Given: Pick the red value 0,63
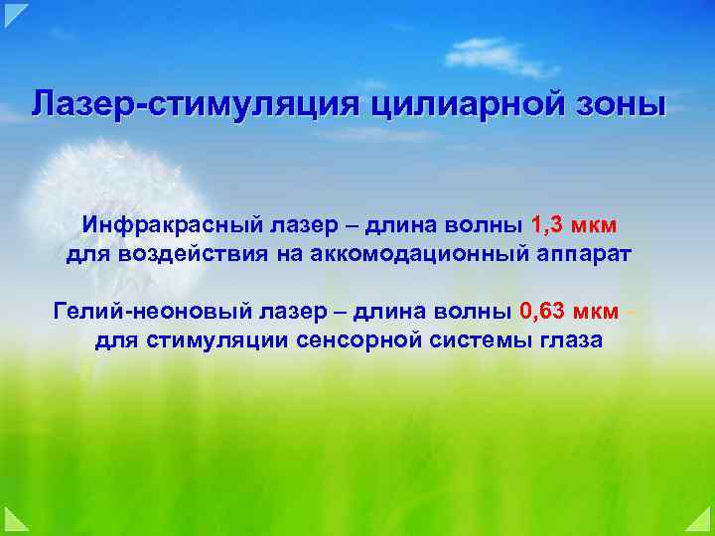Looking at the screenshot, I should [541, 312].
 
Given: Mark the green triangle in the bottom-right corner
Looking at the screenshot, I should [703, 523].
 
